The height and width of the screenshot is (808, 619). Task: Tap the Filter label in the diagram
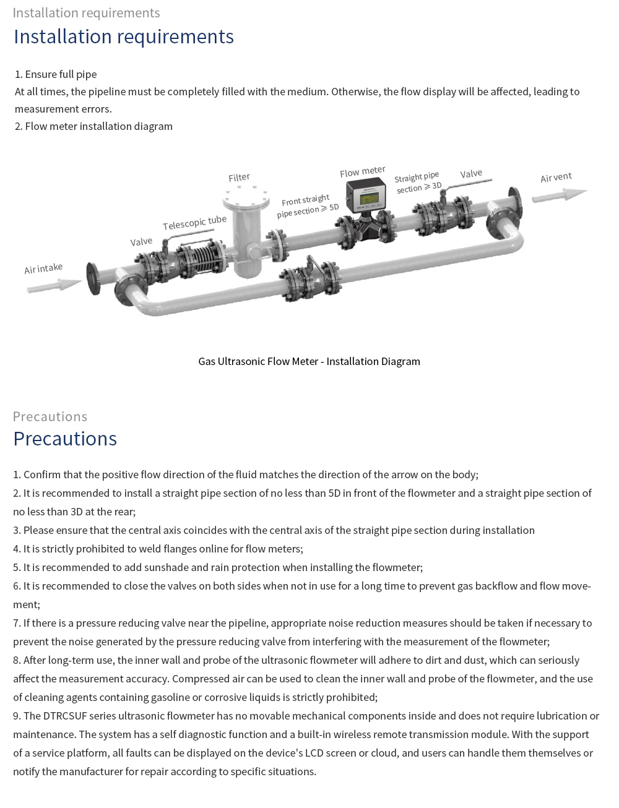[239, 178]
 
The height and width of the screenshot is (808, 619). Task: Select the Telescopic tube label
[194, 222]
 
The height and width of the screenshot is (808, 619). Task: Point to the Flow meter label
[362, 171]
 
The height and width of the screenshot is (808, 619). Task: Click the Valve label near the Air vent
[471, 174]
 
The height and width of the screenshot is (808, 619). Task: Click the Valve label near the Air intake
[141, 241]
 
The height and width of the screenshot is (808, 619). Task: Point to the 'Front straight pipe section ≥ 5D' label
[308, 206]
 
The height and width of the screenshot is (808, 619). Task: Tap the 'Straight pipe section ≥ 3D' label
[418, 182]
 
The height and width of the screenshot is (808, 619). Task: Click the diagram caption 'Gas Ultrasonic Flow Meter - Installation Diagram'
[309, 361]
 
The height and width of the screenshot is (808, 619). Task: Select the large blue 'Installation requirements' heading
[124, 37]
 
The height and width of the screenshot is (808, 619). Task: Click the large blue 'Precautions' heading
[65, 439]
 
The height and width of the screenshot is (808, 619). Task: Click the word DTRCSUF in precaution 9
[64, 716]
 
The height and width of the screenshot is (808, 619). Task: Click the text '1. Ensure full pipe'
[56, 74]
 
